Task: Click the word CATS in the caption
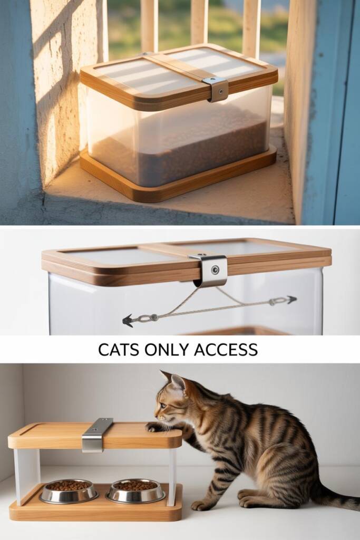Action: click(119, 350)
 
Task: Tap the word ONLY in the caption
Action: click(167, 350)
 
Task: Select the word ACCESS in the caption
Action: click(226, 350)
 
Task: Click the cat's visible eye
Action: click(163, 406)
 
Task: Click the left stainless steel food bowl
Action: click(69, 491)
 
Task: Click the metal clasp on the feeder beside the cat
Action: click(97, 435)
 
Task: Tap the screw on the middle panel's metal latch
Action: click(216, 269)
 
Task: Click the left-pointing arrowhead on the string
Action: click(128, 321)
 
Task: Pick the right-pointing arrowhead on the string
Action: click(292, 300)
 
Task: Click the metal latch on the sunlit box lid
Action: click(216, 89)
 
